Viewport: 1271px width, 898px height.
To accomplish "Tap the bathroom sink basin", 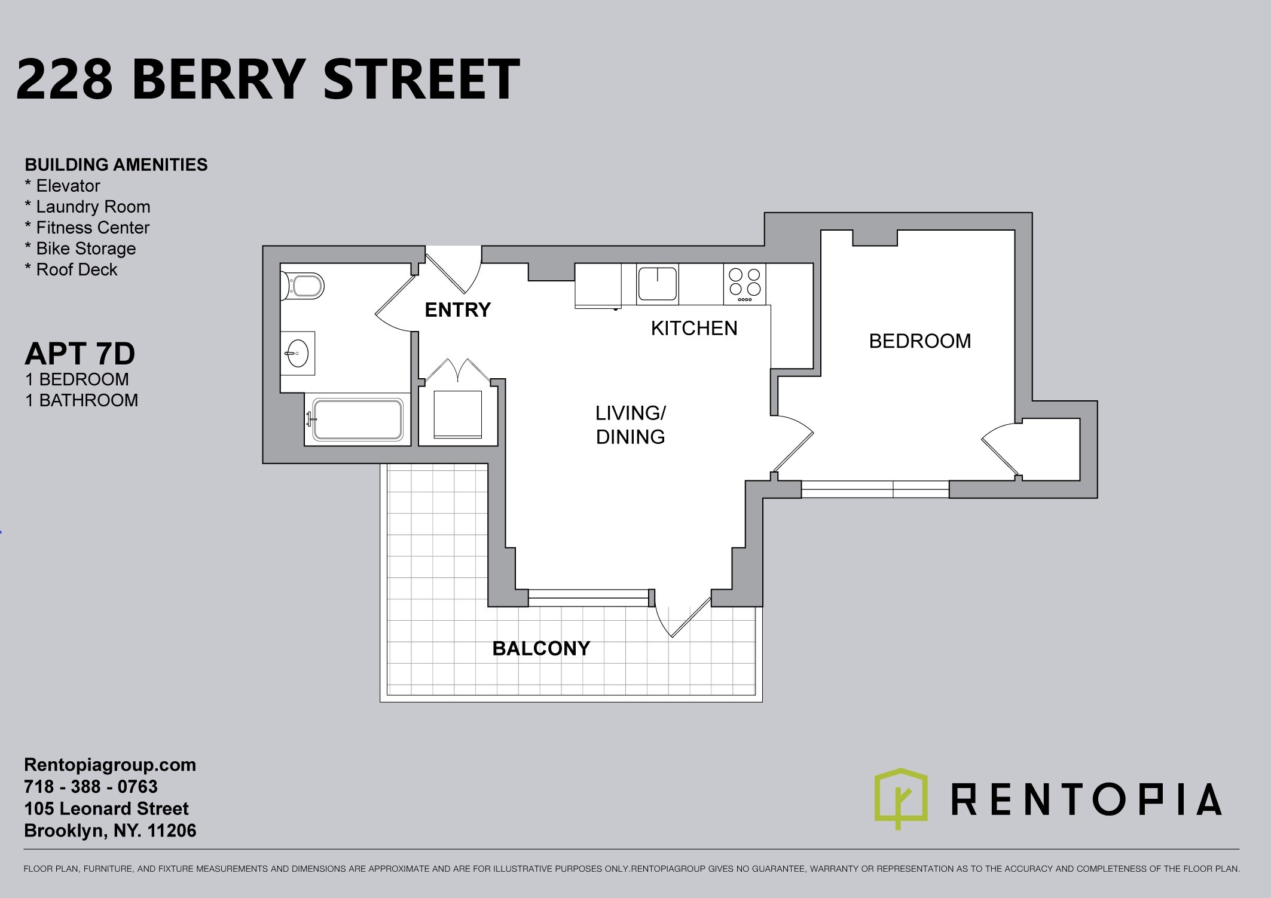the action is [297, 354].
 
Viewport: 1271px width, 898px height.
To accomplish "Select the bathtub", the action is [358, 420].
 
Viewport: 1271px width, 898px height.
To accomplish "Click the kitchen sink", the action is [658, 283].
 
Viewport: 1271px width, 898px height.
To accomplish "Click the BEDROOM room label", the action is [919, 341].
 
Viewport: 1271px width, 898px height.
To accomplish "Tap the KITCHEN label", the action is [694, 328].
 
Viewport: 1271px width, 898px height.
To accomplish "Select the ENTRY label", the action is [457, 309].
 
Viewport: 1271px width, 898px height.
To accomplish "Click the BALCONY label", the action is [541, 648].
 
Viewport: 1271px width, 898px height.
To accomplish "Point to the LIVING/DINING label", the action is [631, 425].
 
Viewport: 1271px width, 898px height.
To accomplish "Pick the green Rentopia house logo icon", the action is [901, 798].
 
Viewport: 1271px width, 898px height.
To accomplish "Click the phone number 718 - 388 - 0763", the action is [91, 787].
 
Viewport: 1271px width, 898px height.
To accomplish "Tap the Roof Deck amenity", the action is [71, 269].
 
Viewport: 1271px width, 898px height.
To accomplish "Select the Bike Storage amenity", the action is [80, 249].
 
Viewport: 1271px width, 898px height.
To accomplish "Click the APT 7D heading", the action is [80, 354].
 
